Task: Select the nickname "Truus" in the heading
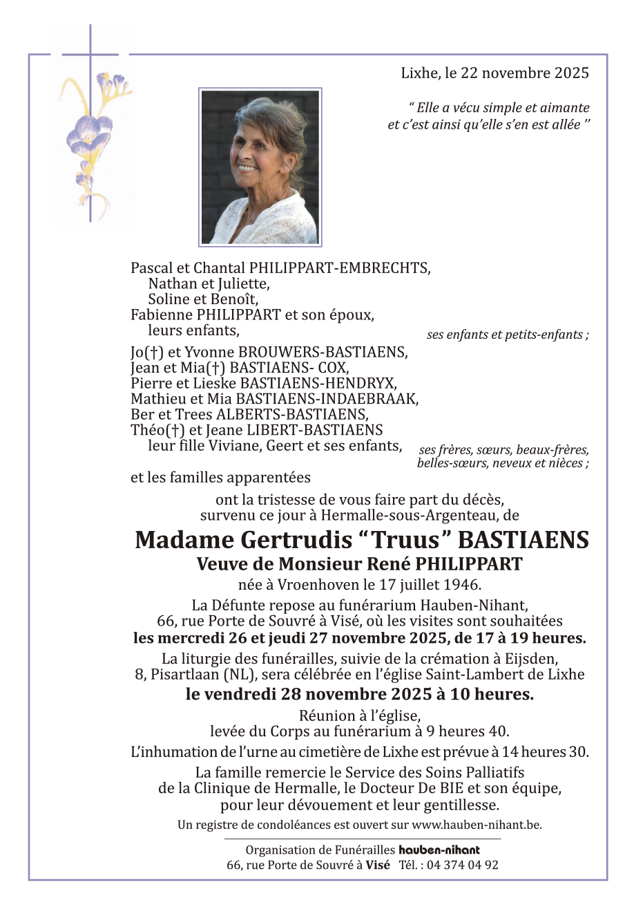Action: [391, 540]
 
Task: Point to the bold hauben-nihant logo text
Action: [439, 850]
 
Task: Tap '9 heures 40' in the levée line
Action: [464, 731]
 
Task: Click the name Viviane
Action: [226, 446]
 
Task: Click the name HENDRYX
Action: [372, 383]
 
